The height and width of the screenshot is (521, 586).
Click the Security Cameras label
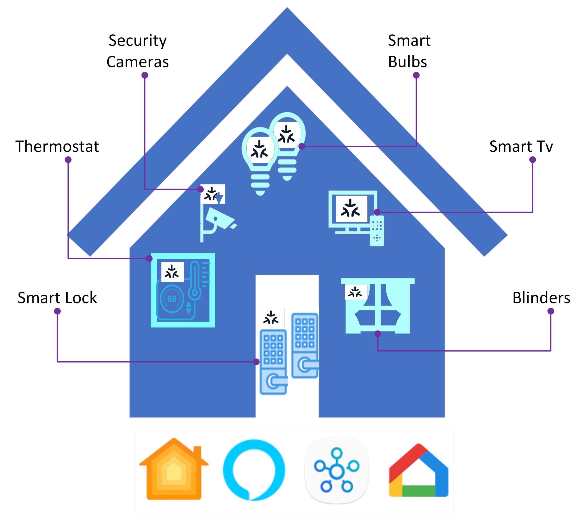[137, 51]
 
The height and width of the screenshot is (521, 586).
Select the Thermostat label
[57, 146]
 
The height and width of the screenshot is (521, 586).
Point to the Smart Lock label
[57, 297]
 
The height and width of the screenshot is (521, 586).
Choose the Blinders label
[541, 297]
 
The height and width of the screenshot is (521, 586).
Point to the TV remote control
[377, 231]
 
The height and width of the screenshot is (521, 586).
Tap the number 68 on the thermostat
[172, 299]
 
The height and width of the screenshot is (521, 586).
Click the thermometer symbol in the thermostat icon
[194, 280]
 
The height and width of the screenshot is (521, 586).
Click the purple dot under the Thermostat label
[68, 160]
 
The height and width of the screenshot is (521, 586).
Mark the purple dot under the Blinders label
[551, 311]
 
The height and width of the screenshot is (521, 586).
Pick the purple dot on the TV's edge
[377, 212]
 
